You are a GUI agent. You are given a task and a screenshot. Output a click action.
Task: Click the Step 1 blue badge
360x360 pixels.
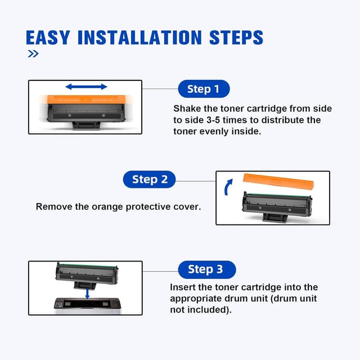point(204,89)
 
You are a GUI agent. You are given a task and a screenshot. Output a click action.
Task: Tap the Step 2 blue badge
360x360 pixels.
point(150,179)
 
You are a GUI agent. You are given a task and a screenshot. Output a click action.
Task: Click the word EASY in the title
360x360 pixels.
point(47,38)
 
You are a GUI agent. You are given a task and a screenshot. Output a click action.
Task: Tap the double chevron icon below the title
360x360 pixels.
point(33,54)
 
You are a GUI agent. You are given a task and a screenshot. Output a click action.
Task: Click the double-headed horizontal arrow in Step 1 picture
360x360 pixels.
point(86,87)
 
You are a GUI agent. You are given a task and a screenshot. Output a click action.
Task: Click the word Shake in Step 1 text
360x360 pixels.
point(186,109)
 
